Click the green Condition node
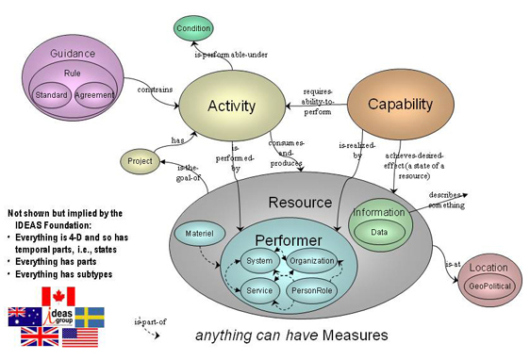(x=194, y=28)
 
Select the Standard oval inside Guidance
(x=50, y=95)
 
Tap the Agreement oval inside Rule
(x=94, y=95)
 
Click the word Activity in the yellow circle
(x=231, y=106)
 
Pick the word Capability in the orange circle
(x=399, y=103)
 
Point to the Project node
(x=139, y=162)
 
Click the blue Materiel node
(x=193, y=231)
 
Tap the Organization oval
(x=312, y=260)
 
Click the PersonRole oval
(x=312, y=291)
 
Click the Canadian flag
(x=57, y=296)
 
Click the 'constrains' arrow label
(x=156, y=90)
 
